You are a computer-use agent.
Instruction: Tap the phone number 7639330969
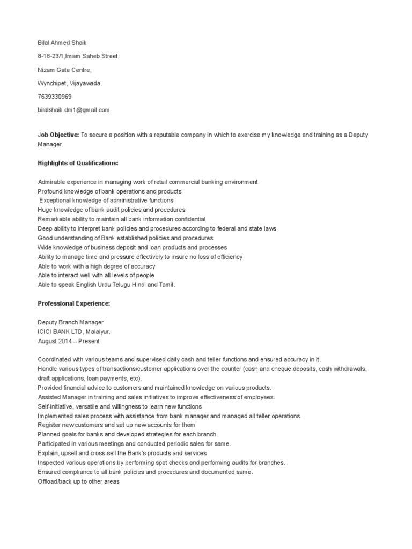(54, 97)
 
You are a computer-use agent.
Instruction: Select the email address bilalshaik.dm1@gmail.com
(73, 110)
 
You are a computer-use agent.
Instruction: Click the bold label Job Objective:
(58, 135)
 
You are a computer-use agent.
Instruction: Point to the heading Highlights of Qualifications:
(78, 163)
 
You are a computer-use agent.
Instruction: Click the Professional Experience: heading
(73, 303)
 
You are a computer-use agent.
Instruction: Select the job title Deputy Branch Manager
(70, 322)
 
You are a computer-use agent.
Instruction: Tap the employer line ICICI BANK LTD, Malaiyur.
(74, 332)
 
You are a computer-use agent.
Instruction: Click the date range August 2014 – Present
(69, 341)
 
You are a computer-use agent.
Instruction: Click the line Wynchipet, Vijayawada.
(70, 83)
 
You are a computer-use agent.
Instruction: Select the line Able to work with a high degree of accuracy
(97, 266)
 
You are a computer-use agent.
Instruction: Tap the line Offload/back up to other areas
(78, 481)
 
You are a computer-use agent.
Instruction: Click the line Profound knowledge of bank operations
(109, 191)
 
